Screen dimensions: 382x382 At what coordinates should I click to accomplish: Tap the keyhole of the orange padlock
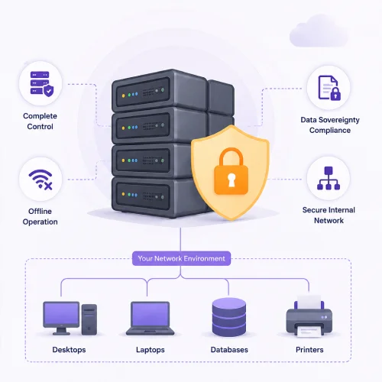231,180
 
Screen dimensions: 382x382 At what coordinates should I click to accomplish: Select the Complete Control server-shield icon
42,84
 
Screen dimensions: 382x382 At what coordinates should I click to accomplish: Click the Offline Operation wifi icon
40,180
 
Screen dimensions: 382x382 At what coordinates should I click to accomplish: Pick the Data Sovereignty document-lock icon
329,88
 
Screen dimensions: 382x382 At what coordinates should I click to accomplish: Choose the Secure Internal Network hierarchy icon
329,178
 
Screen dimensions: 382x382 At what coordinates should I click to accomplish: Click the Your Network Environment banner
181,258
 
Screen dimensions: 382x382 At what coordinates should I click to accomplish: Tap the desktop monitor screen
61,314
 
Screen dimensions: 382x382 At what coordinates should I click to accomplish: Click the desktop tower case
89,319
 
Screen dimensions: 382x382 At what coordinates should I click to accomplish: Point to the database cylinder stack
229,317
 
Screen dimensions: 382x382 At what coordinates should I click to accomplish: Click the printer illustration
309,316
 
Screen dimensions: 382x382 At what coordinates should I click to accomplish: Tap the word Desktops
69,350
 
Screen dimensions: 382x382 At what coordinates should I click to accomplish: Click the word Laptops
151,350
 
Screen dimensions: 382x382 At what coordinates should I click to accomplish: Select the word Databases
229,350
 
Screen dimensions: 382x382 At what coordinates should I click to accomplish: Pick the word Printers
309,350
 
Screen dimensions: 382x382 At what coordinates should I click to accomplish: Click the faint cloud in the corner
319,31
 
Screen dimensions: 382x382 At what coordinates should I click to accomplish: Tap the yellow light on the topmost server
124,95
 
